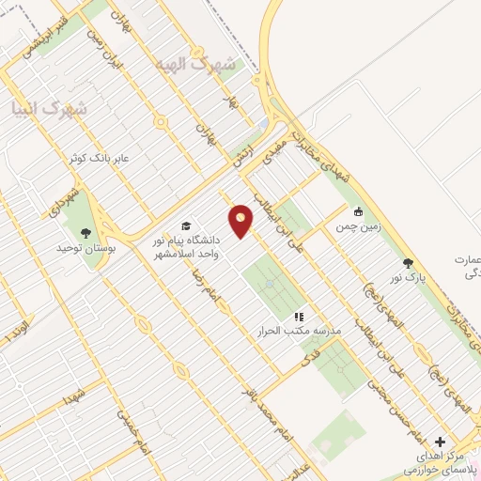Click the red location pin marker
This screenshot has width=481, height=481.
242,221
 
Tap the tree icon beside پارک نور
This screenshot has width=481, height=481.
407,264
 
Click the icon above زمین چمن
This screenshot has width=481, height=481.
358,210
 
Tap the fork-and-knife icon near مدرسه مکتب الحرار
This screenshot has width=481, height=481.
299,318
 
